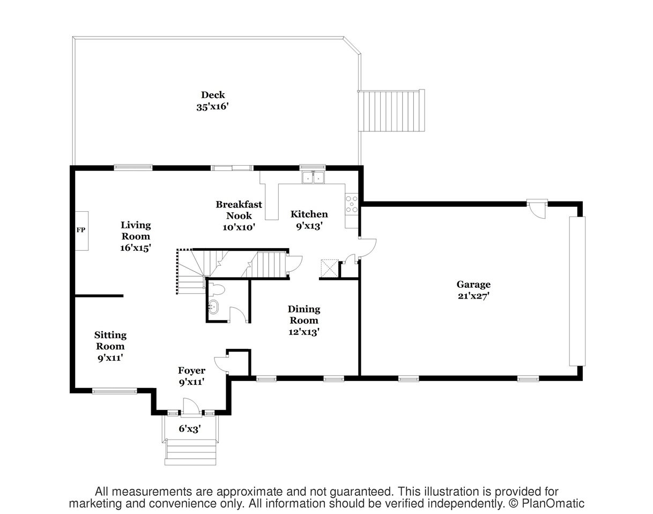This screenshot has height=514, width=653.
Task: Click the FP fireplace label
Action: coord(81,230)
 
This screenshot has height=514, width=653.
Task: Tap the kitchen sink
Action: coord(313,177)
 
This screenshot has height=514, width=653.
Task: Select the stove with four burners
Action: coord(352,204)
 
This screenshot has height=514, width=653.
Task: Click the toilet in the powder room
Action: coord(217,289)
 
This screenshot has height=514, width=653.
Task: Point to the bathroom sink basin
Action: coord(213,307)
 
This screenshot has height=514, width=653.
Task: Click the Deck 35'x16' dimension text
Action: coord(212,107)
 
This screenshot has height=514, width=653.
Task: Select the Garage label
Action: coord(473,284)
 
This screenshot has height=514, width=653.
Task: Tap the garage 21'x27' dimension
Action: coord(474,295)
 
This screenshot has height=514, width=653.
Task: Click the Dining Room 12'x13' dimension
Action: coord(304,332)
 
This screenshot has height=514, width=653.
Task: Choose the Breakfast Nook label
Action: coord(239,210)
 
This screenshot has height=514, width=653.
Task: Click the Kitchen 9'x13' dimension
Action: coord(309,226)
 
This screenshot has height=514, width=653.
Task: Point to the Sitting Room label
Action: coord(110,340)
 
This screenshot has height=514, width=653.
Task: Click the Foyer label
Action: coord(191,370)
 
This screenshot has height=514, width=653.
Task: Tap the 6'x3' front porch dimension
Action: coord(190,429)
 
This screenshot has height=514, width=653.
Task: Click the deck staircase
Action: coord(391,111)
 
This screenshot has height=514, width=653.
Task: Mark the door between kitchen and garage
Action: coord(367,249)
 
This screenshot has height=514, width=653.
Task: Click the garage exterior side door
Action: coord(537,210)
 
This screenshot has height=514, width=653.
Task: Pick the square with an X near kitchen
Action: coord(330,268)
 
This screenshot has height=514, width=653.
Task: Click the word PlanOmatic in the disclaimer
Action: coord(553,504)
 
